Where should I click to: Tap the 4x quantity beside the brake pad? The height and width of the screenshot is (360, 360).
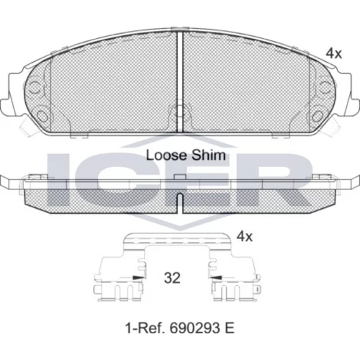pos(333,54)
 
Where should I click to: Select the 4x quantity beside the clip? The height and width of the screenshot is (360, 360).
pos(245,237)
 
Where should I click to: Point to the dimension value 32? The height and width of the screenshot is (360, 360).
pos(172,278)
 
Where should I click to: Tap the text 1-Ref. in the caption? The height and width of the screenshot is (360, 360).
pos(145,328)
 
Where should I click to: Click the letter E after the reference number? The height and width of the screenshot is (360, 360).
pos(229,328)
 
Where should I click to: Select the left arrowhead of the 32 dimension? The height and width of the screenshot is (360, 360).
pos(139,278)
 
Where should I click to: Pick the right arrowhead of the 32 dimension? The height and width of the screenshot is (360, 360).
pos(215,278)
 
